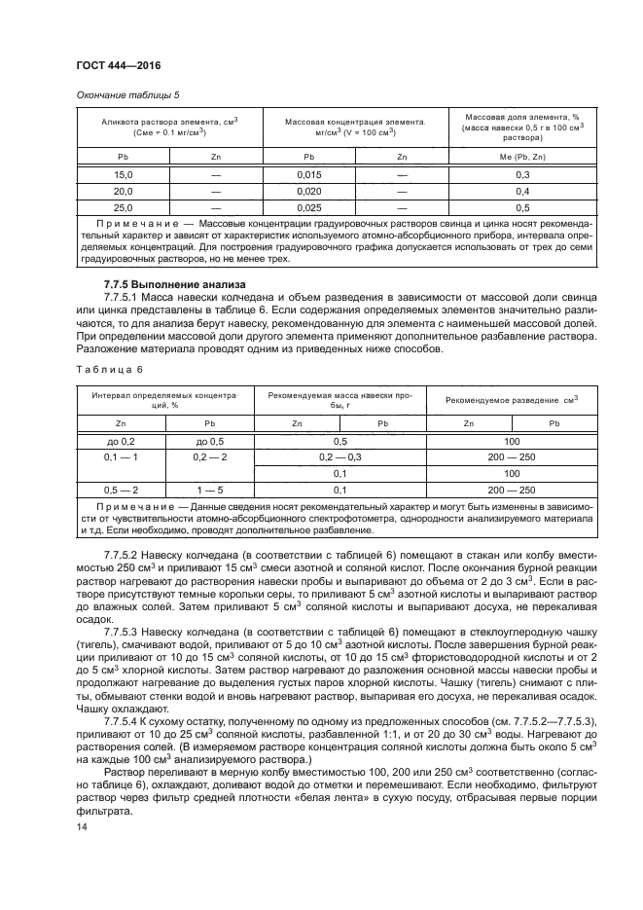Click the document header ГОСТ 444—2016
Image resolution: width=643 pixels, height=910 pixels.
[x=118, y=65]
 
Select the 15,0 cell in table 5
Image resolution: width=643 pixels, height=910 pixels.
[x=123, y=173]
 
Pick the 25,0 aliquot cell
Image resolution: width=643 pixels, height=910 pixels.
[x=123, y=208]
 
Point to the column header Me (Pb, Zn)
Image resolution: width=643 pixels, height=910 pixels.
[x=521, y=156]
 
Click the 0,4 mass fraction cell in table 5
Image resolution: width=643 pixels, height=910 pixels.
[x=521, y=191]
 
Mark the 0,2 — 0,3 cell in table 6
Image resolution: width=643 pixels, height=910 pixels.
[x=339, y=457]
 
